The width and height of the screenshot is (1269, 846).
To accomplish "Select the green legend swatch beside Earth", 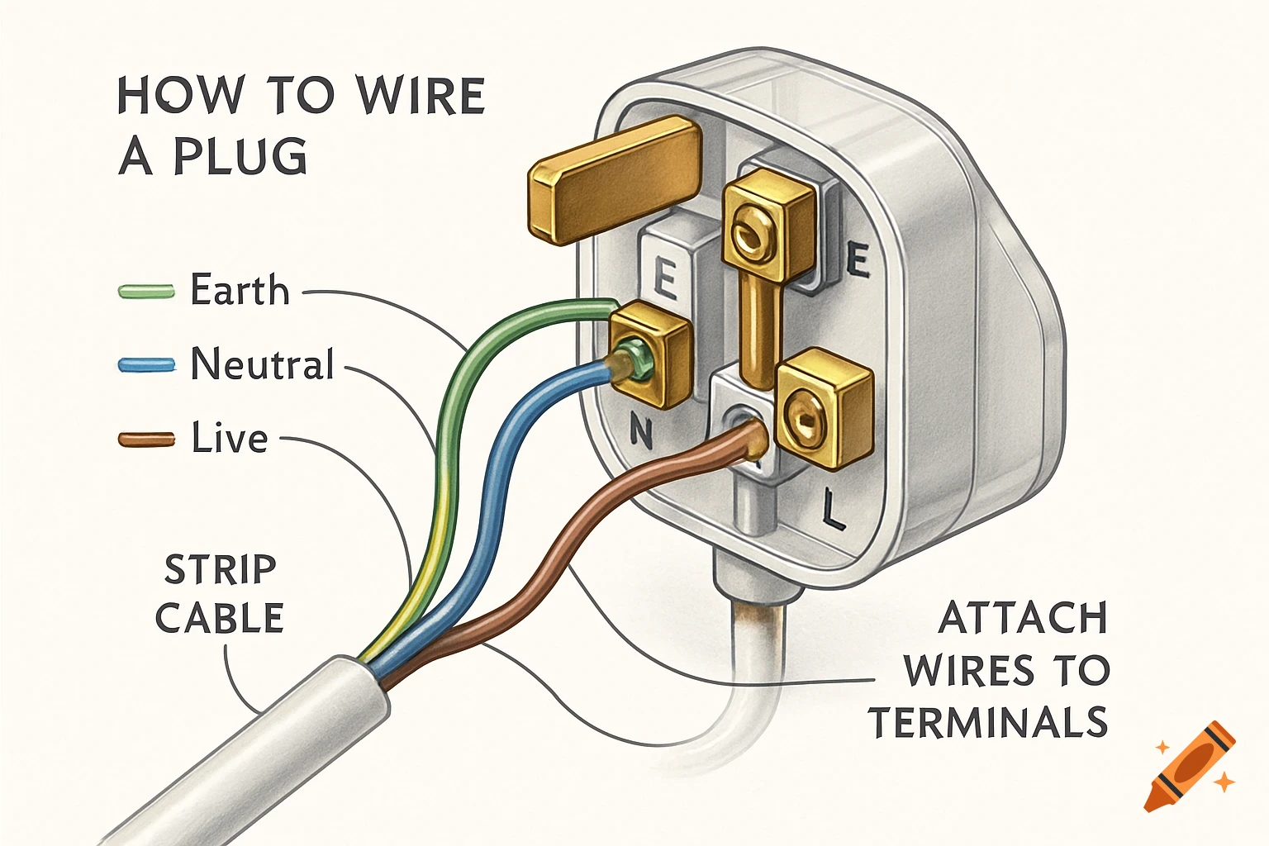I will pos(146,291).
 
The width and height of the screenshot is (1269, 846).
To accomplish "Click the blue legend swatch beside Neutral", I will pos(146,364).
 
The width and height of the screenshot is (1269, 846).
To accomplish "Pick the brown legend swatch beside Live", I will pos(146,439).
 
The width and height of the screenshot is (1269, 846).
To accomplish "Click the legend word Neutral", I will pos(262,364).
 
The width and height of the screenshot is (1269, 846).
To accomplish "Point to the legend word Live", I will pos(230,438).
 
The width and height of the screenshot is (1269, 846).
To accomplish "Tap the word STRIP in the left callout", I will pos(220,570).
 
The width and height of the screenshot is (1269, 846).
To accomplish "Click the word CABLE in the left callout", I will pos(220,619).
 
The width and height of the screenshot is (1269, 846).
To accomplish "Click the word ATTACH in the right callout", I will pos(1023,619).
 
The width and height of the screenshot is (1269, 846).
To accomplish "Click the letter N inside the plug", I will pos(640,430).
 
